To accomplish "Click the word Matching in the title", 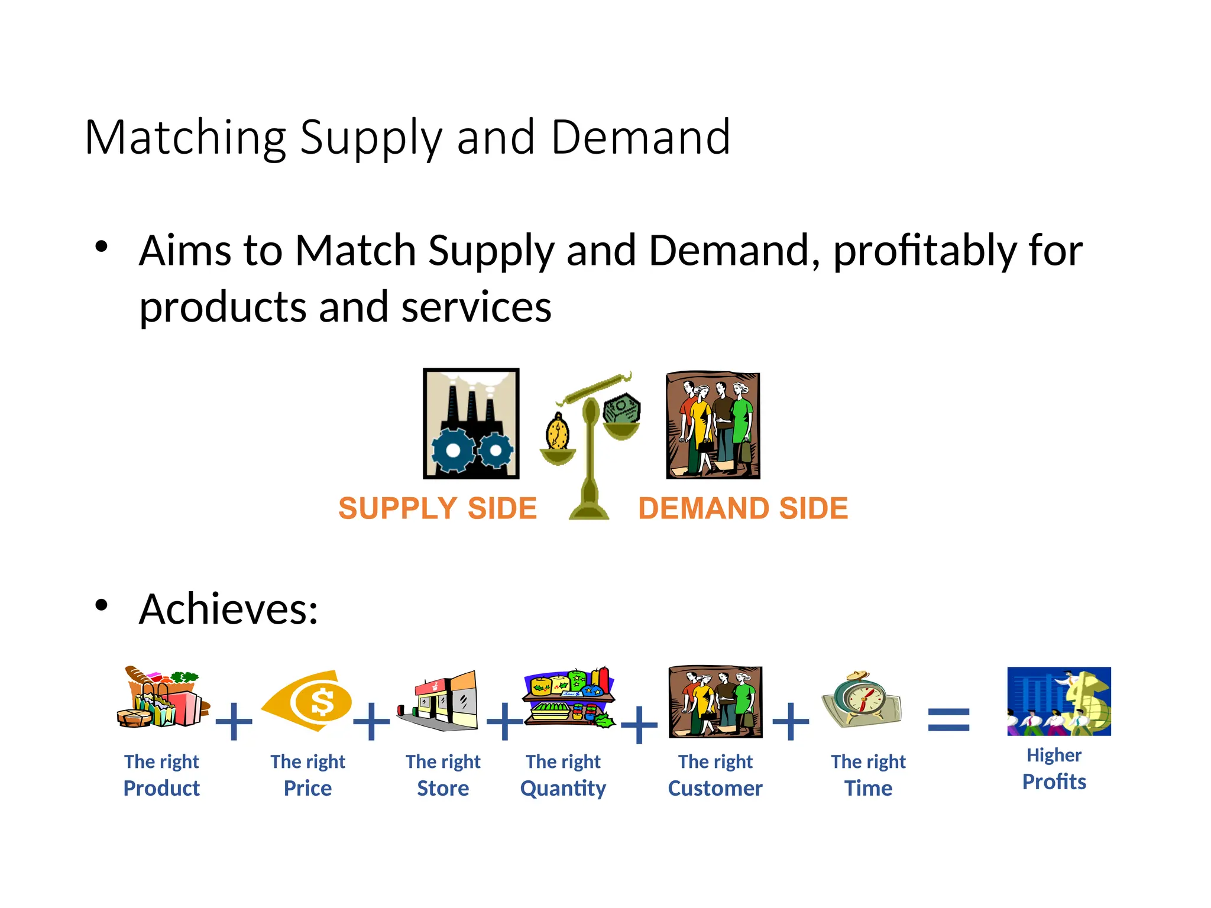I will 186,138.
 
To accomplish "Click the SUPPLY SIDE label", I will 438,508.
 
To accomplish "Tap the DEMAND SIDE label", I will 743,508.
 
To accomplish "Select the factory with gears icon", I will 471,423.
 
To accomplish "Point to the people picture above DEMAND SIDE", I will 713,425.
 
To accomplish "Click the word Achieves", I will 228,609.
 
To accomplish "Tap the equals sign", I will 948,720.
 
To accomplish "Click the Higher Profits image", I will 1058,701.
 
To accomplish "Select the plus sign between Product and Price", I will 234,721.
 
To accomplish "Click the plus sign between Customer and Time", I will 791,721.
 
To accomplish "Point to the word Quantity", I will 563,789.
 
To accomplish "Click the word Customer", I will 715,789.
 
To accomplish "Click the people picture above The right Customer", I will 715,702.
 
